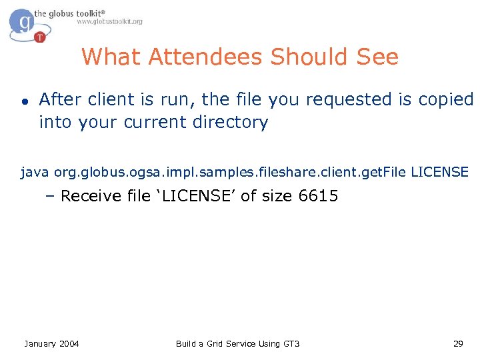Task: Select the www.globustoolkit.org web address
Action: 109,22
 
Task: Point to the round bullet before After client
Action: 23,101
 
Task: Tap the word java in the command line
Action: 35,173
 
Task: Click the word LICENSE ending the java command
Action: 440,173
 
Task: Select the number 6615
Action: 319,196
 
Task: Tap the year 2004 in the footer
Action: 69,343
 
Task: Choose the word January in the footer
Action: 40,343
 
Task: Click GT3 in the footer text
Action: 291,343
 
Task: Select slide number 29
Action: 458,343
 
